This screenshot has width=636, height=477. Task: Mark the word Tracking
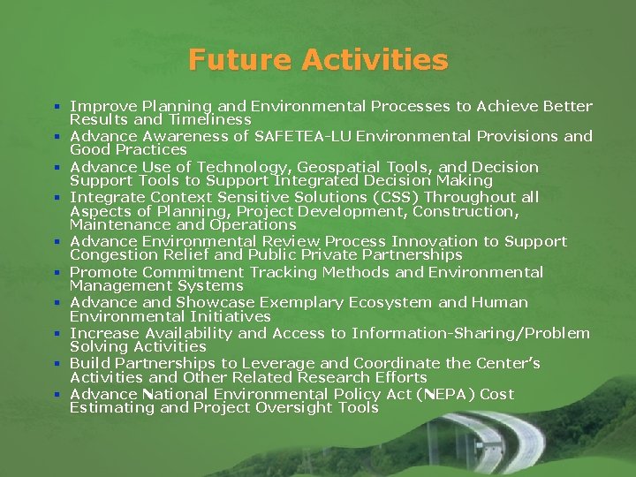283,272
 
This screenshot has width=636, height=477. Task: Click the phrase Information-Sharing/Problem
470,333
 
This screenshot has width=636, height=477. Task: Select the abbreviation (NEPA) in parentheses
446,394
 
